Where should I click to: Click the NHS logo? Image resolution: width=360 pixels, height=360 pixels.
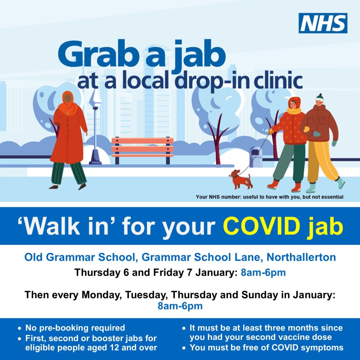click(x=323, y=23)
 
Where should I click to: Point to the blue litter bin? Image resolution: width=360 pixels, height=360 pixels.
click(x=256, y=157)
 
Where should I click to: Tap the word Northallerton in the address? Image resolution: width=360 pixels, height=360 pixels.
click(x=301, y=257)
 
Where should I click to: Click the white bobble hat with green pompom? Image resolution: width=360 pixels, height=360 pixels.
click(x=319, y=98)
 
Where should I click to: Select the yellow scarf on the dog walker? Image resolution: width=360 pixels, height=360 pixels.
click(x=294, y=111)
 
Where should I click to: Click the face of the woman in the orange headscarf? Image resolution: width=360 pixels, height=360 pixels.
click(x=67, y=99)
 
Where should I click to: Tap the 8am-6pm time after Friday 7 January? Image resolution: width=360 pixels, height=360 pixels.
click(x=263, y=272)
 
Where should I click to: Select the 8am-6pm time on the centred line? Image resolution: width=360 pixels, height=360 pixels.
click(x=180, y=306)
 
